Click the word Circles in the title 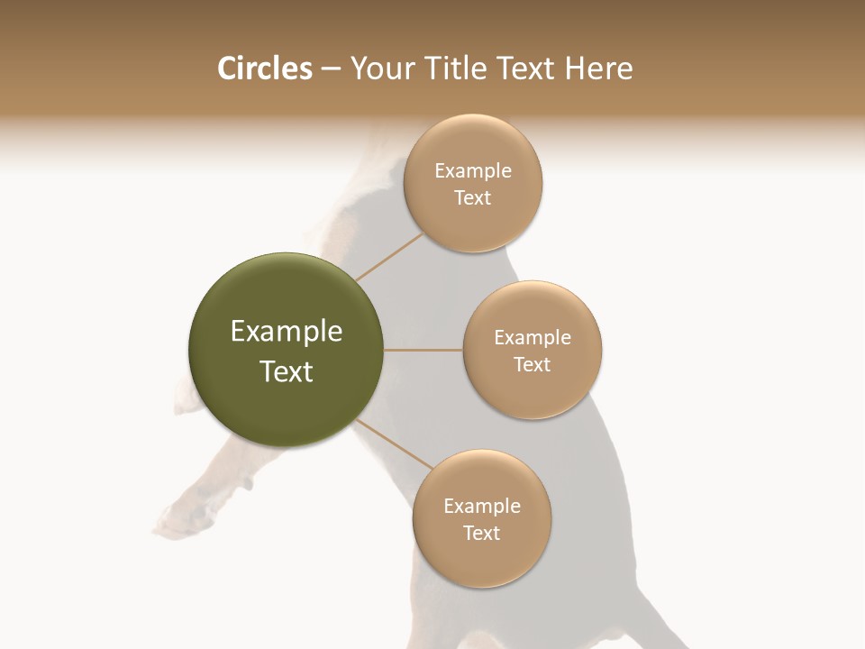click(x=264, y=69)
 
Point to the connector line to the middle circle click(x=423, y=350)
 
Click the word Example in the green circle click(x=287, y=332)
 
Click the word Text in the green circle click(x=287, y=371)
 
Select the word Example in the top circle click(x=473, y=171)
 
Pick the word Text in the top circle click(x=473, y=198)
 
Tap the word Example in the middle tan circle click(x=533, y=338)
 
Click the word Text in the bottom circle click(x=482, y=534)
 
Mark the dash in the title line click(x=331, y=69)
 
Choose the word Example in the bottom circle click(x=482, y=507)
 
